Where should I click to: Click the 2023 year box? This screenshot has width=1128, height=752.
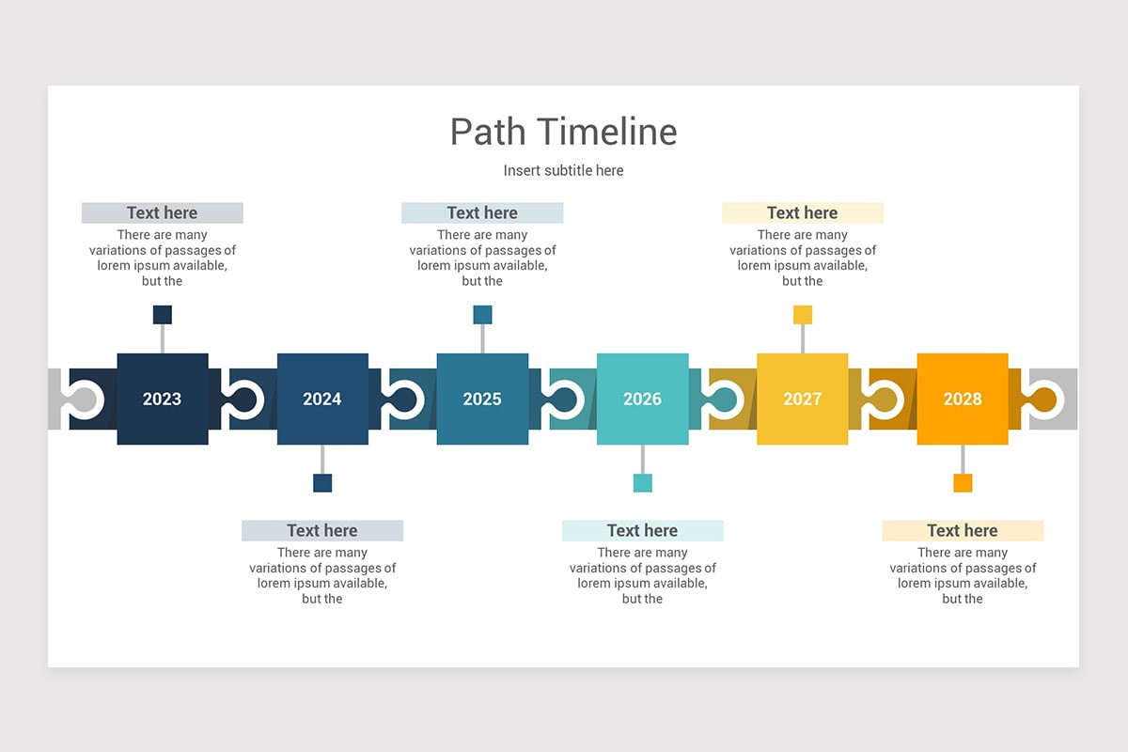[163, 399]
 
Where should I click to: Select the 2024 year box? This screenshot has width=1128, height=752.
[322, 399]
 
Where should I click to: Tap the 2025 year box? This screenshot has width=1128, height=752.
[482, 399]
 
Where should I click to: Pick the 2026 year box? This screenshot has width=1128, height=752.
[642, 399]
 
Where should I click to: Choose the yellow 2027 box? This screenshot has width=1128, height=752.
[802, 399]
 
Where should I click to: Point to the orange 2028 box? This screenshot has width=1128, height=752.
[963, 399]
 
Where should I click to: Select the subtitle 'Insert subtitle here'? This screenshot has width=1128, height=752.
[563, 170]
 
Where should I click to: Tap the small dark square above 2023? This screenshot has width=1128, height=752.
[163, 315]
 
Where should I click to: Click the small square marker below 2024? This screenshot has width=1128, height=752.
[322, 483]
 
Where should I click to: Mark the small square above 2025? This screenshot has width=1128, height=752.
[482, 315]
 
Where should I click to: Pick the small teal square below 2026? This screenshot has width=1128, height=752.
[642, 483]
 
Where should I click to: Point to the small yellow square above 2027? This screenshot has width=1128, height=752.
[802, 315]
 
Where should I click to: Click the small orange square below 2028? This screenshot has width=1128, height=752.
[963, 483]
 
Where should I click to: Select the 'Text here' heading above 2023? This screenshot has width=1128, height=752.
[163, 213]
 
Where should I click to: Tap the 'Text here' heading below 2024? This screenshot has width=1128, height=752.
[322, 531]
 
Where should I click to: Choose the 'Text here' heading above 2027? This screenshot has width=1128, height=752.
[802, 213]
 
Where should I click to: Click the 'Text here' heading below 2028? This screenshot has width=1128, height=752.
[963, 531]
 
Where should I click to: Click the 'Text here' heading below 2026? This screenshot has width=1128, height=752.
[642, 531]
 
